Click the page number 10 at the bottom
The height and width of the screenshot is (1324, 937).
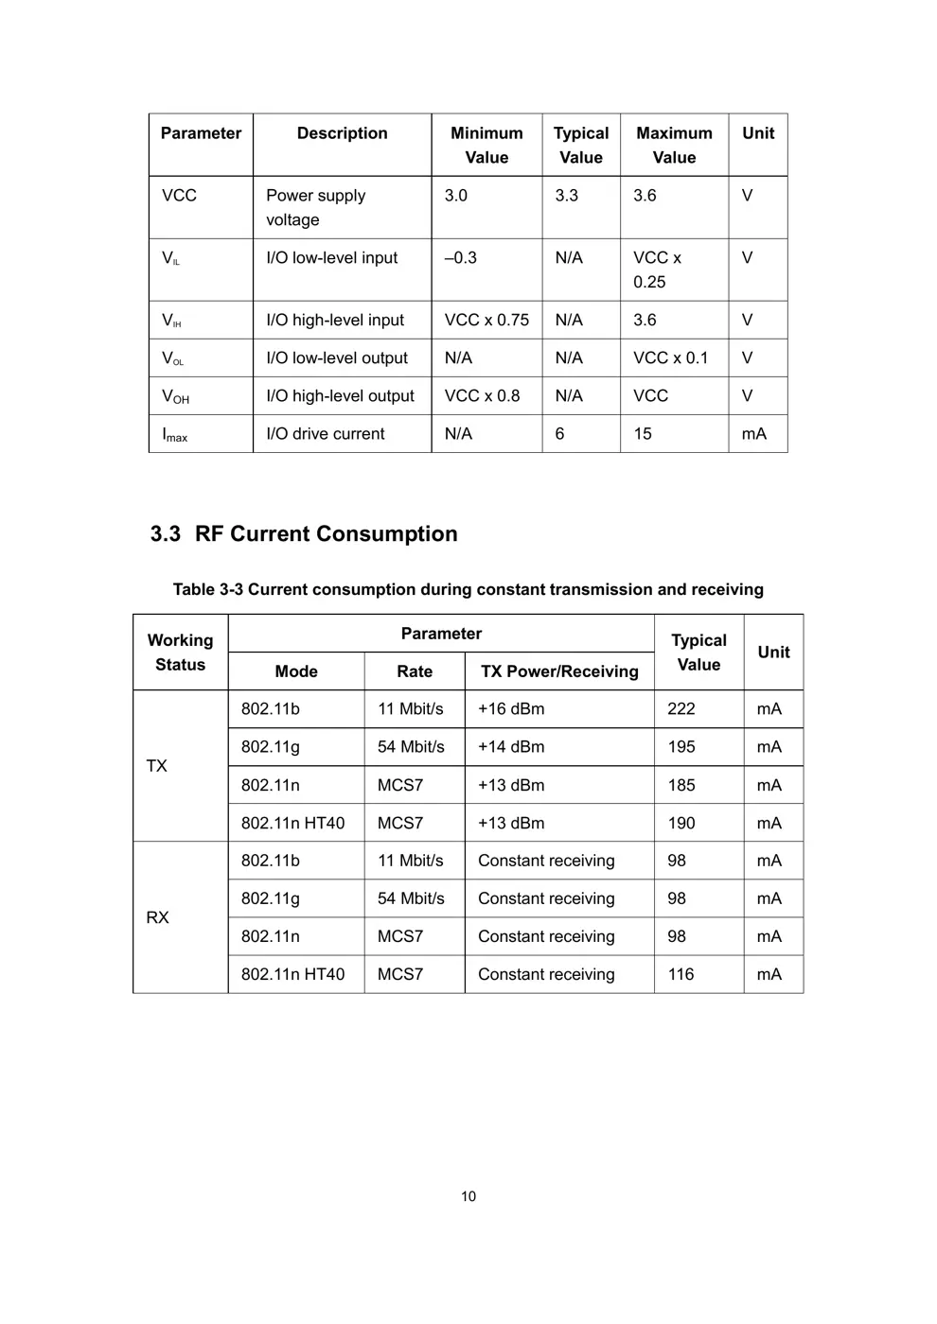pos(468,1196)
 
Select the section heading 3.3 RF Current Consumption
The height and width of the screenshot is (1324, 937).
pos(304,534)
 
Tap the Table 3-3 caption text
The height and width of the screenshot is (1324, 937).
pos(468,590)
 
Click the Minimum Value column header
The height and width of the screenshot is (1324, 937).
pos(486,146)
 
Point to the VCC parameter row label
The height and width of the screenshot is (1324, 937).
pos(179,196)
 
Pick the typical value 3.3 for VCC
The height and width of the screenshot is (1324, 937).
pos(566,196)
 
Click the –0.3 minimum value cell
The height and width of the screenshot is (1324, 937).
pos(461,258)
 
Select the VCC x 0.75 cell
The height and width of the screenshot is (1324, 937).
pos(486,321)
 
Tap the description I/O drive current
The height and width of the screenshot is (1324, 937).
pos(326,434)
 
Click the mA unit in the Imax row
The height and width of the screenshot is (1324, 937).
pos(753,434)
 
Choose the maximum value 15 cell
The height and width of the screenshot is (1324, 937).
pos(643,434)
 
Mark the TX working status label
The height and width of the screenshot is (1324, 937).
pos(157,766)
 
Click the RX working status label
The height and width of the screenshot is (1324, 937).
pos(157,917)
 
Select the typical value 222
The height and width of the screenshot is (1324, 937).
pos(681,709)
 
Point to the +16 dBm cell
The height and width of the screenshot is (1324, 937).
pos(511,709)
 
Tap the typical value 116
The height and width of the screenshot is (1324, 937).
pos(681,974)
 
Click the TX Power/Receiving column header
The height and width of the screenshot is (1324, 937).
pos(559,671)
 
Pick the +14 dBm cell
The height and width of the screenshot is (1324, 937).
pos(511,747)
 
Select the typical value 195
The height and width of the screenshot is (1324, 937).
pos(681,747)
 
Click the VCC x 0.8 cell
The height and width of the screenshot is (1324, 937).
pos(483,396)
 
